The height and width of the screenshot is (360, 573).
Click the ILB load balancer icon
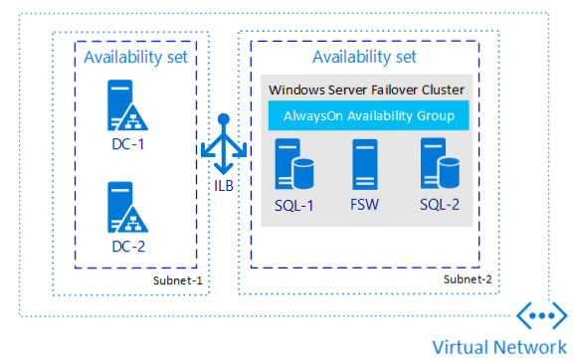[224, 144]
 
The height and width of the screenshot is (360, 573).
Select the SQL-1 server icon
[293, 162]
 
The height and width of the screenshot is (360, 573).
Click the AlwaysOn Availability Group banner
[367, 116]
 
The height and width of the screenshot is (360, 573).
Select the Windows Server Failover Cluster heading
[367, 90]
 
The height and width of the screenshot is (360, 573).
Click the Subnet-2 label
[468, 280]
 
